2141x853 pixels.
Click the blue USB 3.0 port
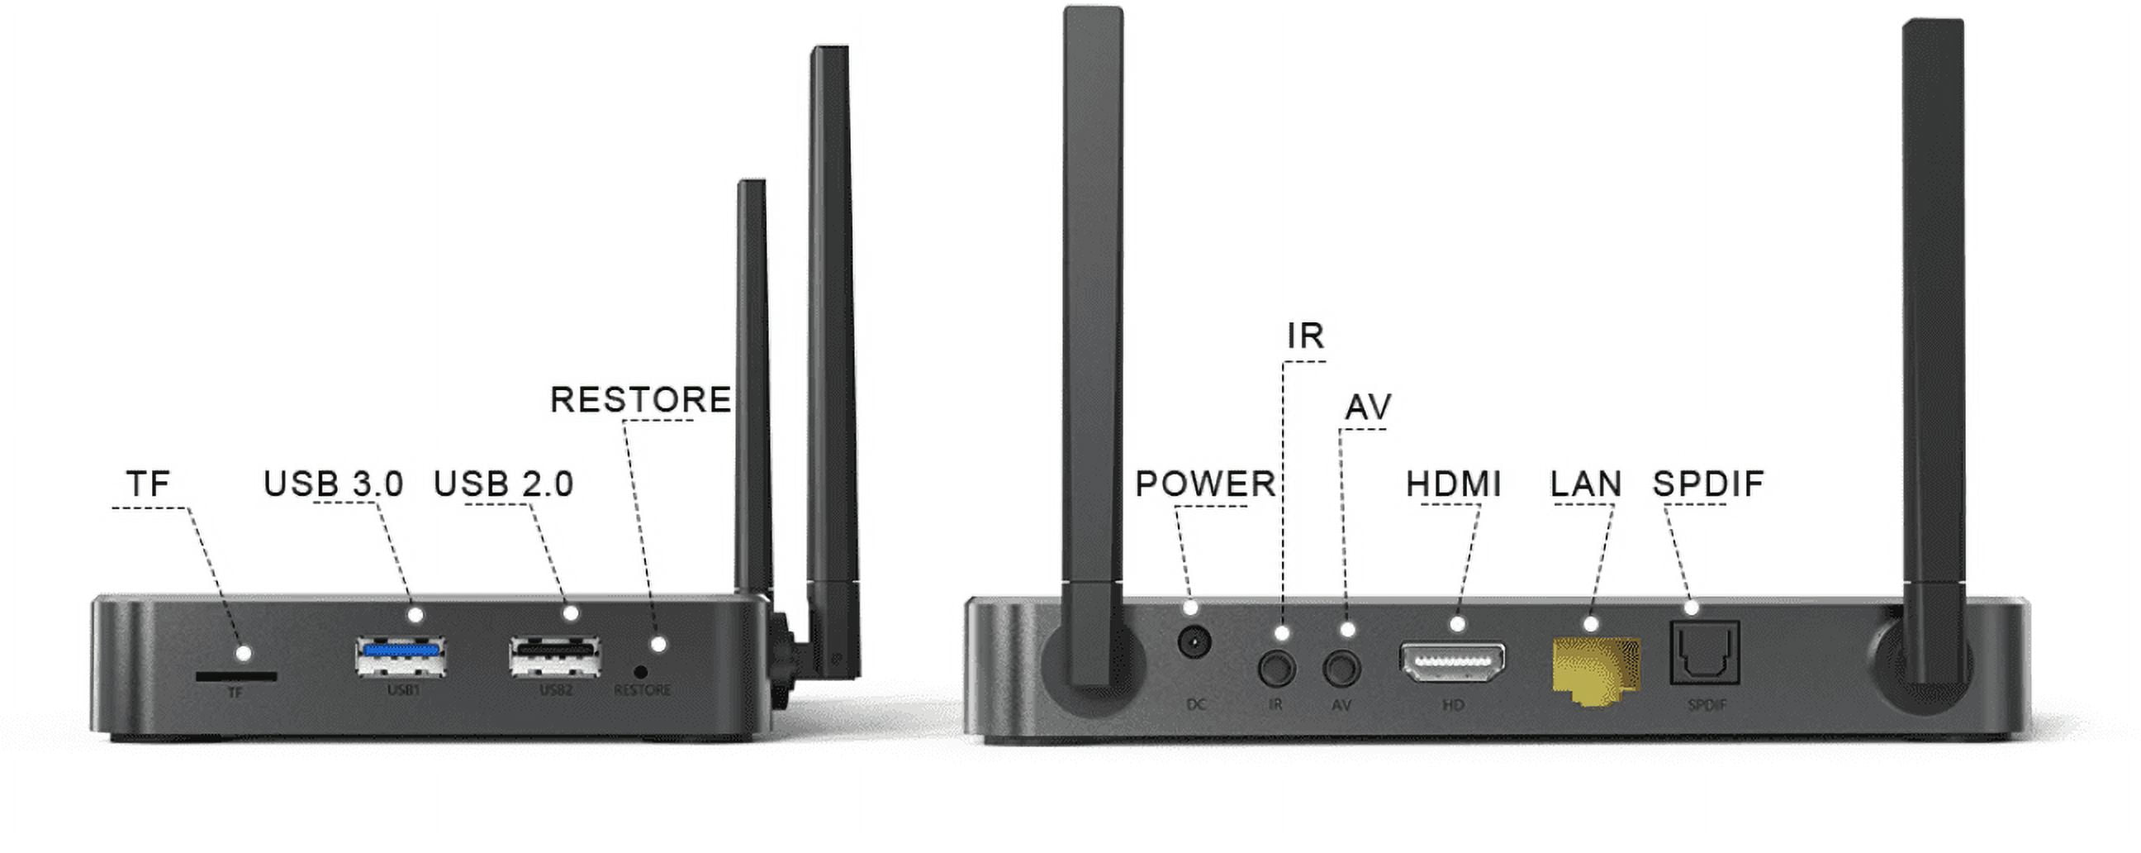click(400, 657)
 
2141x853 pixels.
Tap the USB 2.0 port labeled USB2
click(555, 657)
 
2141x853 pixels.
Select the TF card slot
click(236, 676)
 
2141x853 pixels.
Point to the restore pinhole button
click(640, 671)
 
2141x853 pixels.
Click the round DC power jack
click(1194, 642)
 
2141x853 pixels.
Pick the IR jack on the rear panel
click(1277, 668)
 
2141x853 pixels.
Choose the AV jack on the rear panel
click(1341, 668)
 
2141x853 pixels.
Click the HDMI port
click(1453, 663)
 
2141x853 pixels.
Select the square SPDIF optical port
click(1705, 654)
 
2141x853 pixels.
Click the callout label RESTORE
click(641, 400)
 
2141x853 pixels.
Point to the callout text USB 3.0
click(333, 484)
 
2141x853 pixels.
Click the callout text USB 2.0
click(504, 484)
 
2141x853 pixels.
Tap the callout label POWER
click(1205, 484)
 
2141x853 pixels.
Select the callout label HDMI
click(1454, 484)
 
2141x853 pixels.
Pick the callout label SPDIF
click(1708, 484)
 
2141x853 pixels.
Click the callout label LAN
click(1586, 484)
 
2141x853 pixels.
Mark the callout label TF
click(148, 484)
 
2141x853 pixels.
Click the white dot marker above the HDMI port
click(1458, 623)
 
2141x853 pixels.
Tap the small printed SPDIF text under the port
click(1707, 705)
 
